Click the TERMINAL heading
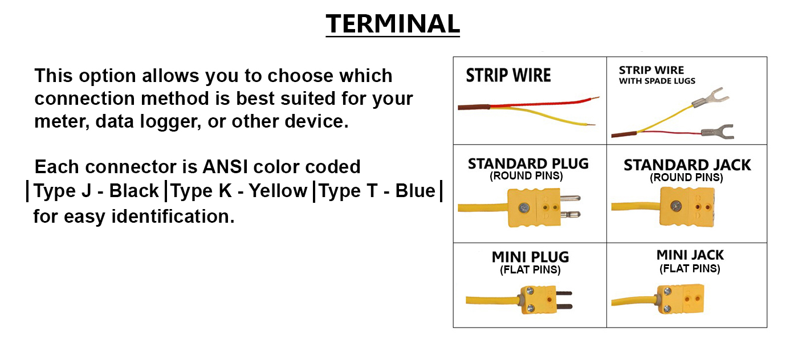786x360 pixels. [x=393, y=24]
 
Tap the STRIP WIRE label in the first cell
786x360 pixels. [x=508, y=75]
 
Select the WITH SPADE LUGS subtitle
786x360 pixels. [x=657, y=81]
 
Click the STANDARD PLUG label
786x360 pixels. [x=528, y=164]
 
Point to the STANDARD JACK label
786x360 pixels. [x=687, y=165]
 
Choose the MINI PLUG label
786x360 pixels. [x=530, y=257]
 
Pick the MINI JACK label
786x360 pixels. [x=690, y=255]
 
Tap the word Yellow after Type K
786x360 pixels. [x=278, y=191]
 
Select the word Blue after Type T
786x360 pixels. [x=415, y=191]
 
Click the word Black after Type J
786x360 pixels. [x=134, y=191]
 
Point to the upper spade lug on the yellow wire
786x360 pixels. [x=711, y=97]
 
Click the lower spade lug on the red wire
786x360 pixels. [x=718, y=132]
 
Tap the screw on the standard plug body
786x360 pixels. [x=524, y=208]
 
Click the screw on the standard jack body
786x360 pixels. [x=676, y=206]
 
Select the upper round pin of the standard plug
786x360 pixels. [x=571, y=198]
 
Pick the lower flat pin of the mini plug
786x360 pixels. [x=564, y=307]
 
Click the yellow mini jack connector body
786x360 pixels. [x=680, y=299]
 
